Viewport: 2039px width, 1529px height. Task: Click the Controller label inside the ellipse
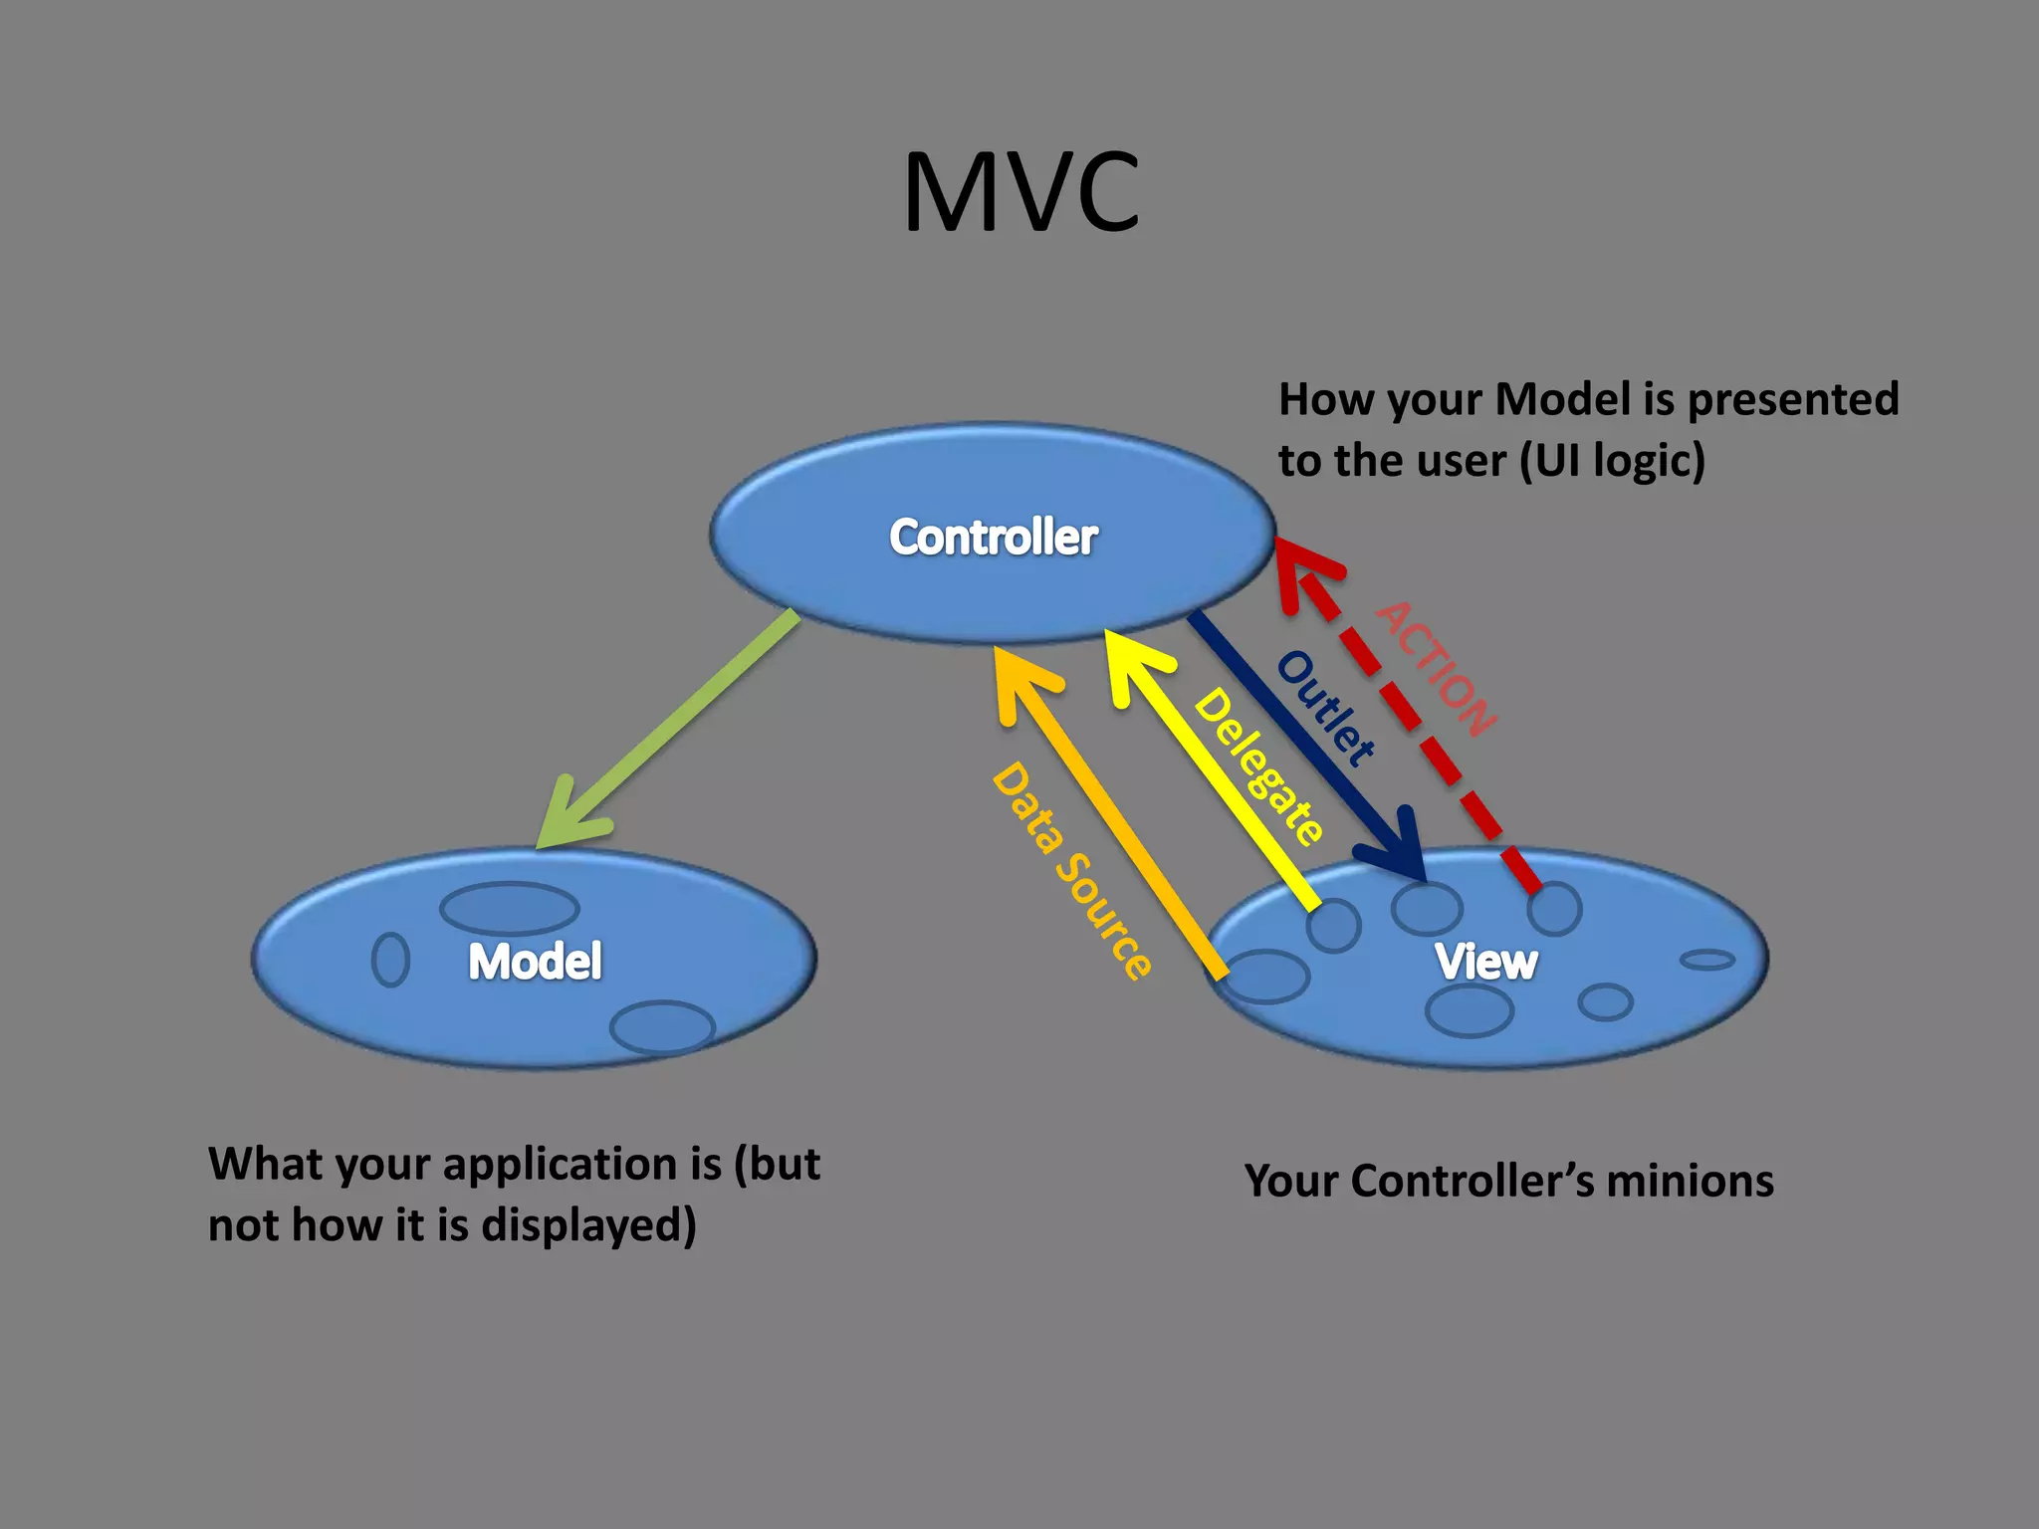coord(993,538)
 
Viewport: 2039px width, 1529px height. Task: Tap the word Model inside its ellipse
coord(535,962)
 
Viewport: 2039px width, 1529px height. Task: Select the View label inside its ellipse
coord(1485,962)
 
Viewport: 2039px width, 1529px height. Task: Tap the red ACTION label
coord(1437,668)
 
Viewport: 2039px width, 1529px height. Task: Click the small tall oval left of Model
coord(390,959)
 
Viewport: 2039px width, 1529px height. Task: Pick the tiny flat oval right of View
coord(1706,960)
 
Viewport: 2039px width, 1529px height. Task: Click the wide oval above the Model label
coord(509,908)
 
